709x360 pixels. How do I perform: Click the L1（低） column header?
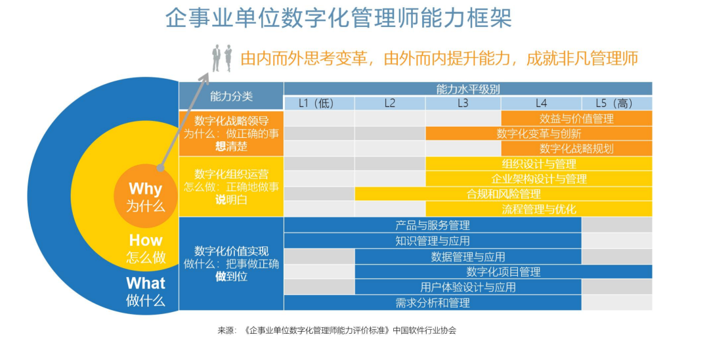(x=319, y=103)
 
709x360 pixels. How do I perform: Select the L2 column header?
(x=390, y=103)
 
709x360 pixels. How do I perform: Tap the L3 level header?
(x=463, y=103)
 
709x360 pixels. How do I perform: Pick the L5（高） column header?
(x=617, y=103)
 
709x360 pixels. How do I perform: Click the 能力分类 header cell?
(x=231, y=96)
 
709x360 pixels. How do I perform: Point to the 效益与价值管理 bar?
(x=576, y=118)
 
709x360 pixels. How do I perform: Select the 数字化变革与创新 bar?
(x=538, y=133)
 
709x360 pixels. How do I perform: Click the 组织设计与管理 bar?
(x=539, y=164)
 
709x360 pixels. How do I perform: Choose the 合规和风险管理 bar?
(x=504, y=194)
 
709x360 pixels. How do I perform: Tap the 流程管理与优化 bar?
(x=539, y=209)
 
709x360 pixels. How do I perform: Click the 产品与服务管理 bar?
(x=433, y=225)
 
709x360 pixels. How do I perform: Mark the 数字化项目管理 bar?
(x=504, y=271)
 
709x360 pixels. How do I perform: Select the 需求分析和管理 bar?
(x=433, y=302)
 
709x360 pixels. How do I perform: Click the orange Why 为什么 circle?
(x=145, y=196)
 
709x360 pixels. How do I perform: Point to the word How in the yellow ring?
(x=146, y=240)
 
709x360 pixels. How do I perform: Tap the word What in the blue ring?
(x=146, y=283)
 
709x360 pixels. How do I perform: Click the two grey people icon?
(x=221, y=58)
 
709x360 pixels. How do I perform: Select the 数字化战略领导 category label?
(x=231, y=121)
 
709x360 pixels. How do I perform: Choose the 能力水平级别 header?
(x=468, y=89)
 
